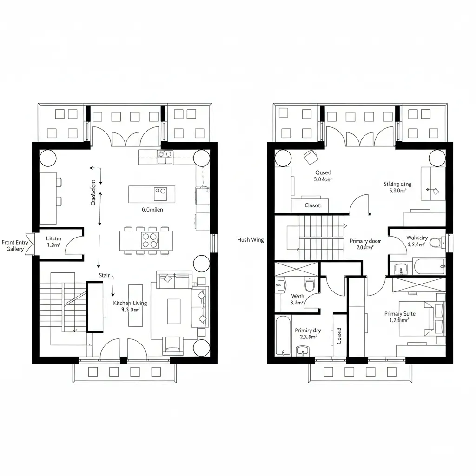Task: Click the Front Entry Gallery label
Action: [x=15, y=245]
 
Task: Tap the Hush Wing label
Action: [x=250, y=240]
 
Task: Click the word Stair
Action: [x=104, y=275]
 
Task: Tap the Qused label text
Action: [x=323, y=172]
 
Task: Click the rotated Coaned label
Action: [x=339, y=336]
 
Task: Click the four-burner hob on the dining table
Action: [x=150, y=240]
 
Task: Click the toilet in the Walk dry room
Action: [x=436, y=243]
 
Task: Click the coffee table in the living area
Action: [x=174, y=311]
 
